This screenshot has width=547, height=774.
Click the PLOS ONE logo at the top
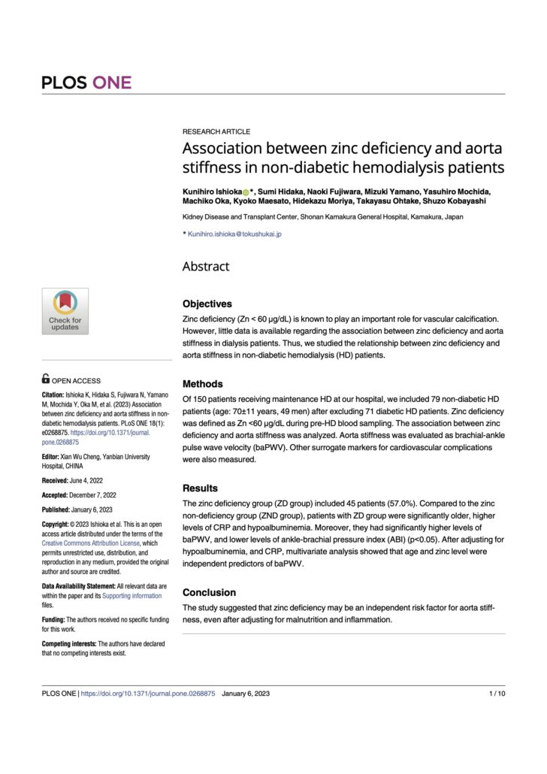(x=86, y=82)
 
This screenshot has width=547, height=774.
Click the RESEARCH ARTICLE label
(x=216, y=132)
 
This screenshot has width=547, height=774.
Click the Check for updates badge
(x=65, y=311)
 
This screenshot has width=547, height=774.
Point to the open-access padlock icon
(x=46, y=379)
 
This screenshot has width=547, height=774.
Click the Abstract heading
(x=206, y=266)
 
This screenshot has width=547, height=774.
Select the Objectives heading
(x=207, y=304)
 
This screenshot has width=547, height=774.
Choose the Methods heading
(x=203, y=383)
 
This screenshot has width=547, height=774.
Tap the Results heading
(x=200, y=488)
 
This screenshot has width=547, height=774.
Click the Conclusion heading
(x=209, y=592)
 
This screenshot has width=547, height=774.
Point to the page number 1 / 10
(x=497, y=694)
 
